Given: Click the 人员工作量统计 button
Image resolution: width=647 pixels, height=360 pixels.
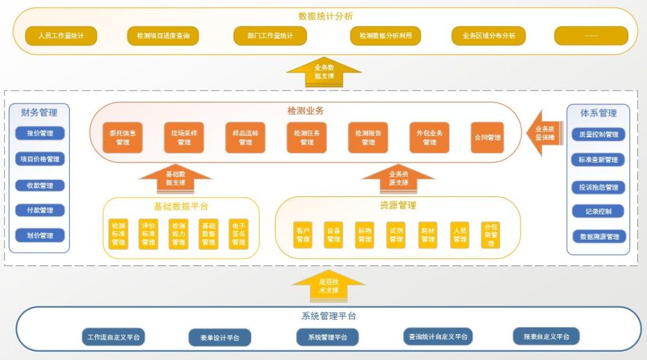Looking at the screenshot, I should [61, 36].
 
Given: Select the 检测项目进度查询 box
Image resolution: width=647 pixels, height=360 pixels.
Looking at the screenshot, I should [163, 36].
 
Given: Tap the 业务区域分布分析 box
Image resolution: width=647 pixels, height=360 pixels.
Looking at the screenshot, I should [488, 36].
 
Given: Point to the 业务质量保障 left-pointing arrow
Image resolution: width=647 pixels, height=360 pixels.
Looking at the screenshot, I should [543, 133].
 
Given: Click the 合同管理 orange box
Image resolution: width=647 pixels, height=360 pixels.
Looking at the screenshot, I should [487, 137].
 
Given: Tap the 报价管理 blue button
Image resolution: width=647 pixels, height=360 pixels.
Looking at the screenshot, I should [40, 133].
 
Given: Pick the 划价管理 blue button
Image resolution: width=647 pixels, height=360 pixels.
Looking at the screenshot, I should [40, 236].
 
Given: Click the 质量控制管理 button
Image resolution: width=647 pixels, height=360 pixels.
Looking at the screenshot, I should [598, 135].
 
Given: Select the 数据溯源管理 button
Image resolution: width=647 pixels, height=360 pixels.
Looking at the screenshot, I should [598, 237].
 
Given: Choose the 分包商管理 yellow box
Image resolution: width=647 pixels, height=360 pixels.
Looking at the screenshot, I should [491, 234].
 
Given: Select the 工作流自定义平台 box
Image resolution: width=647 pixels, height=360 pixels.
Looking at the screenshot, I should [113, 337].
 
